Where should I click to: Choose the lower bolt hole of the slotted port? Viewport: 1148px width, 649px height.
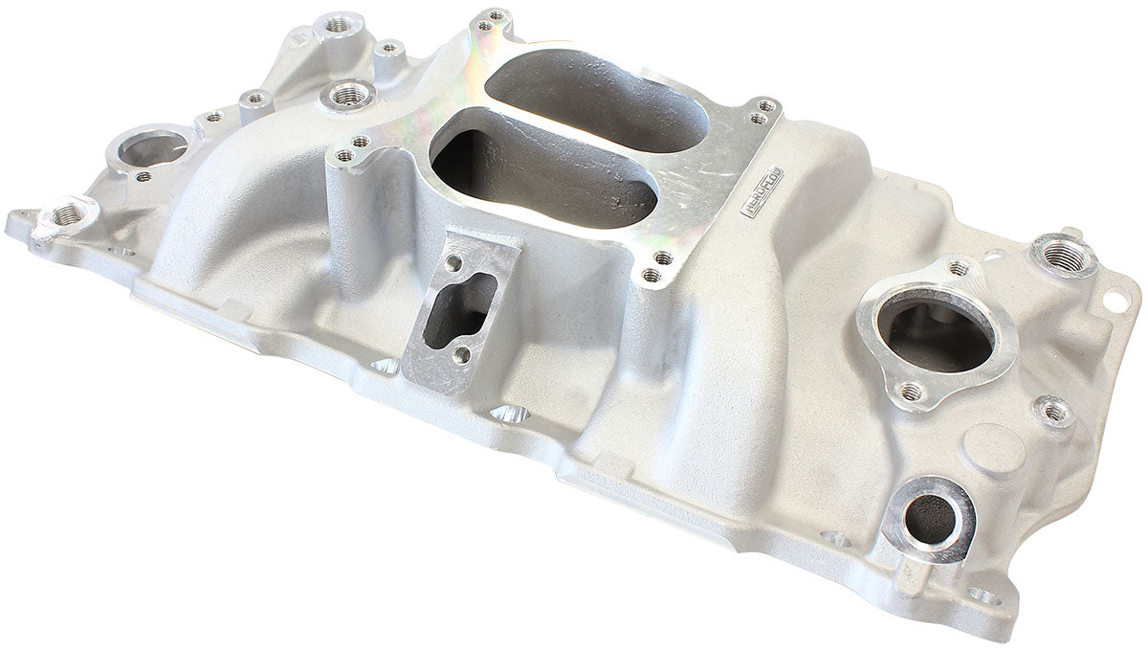click(x=461, y=354)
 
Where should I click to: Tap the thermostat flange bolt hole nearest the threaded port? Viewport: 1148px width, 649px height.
click(x=959, y=269)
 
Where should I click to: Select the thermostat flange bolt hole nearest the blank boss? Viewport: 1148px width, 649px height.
click(x=911, y=391)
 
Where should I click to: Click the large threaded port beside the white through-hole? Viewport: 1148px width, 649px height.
click(x=1063, y=255)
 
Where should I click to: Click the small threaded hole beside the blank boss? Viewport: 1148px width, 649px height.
click(x=1054, y=412)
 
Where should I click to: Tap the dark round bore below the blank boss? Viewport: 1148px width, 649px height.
click(x=929, y=517)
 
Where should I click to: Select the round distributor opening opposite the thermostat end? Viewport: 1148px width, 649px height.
click(x=152, y=149)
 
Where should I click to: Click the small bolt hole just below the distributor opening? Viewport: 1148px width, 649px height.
click(x=143, y=176)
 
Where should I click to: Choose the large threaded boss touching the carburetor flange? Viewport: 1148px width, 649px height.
click(x=349, y=94)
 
